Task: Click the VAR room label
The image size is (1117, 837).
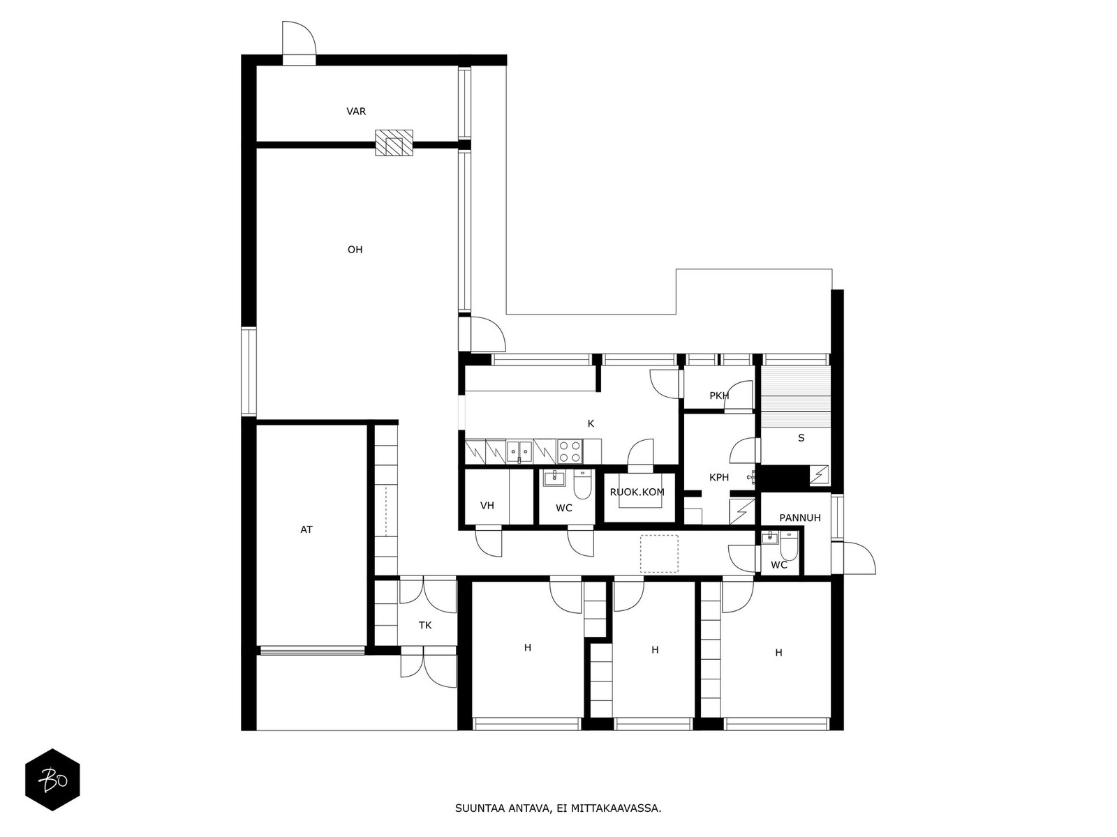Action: tap(356, 112)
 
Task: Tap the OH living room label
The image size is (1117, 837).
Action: tap(355, 250)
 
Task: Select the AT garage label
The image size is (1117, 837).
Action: tap(306, 529)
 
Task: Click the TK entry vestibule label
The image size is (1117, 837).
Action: tap(425, 625)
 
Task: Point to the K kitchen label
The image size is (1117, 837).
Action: tap(591, 423)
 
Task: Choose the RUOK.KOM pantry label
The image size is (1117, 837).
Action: tap(637, 492)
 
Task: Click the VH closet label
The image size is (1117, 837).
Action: tap(487, 506)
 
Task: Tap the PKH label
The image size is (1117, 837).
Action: tap(719, 395)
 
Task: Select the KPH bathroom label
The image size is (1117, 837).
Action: tap(719, 477)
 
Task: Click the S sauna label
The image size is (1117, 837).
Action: tap(801, 438)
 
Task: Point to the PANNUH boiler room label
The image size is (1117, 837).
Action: tap(800, 518)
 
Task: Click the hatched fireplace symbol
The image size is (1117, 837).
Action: tap(394, 142)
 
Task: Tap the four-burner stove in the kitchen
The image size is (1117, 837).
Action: tap(570, 451)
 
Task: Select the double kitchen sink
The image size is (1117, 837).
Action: tap(519, 451)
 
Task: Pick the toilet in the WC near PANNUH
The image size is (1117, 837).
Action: tap(788, 545)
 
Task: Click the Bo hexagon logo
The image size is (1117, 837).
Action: tap(52, 780)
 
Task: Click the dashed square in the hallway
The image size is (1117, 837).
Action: tap(659, 553)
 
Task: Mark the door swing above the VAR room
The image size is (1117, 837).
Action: tap(299, 38)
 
